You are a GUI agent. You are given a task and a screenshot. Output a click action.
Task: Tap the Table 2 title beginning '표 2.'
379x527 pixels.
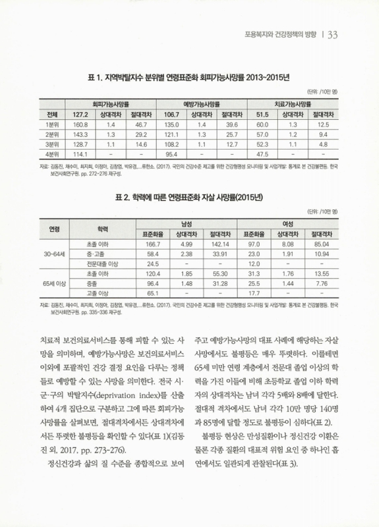click(x=189, y=196)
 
